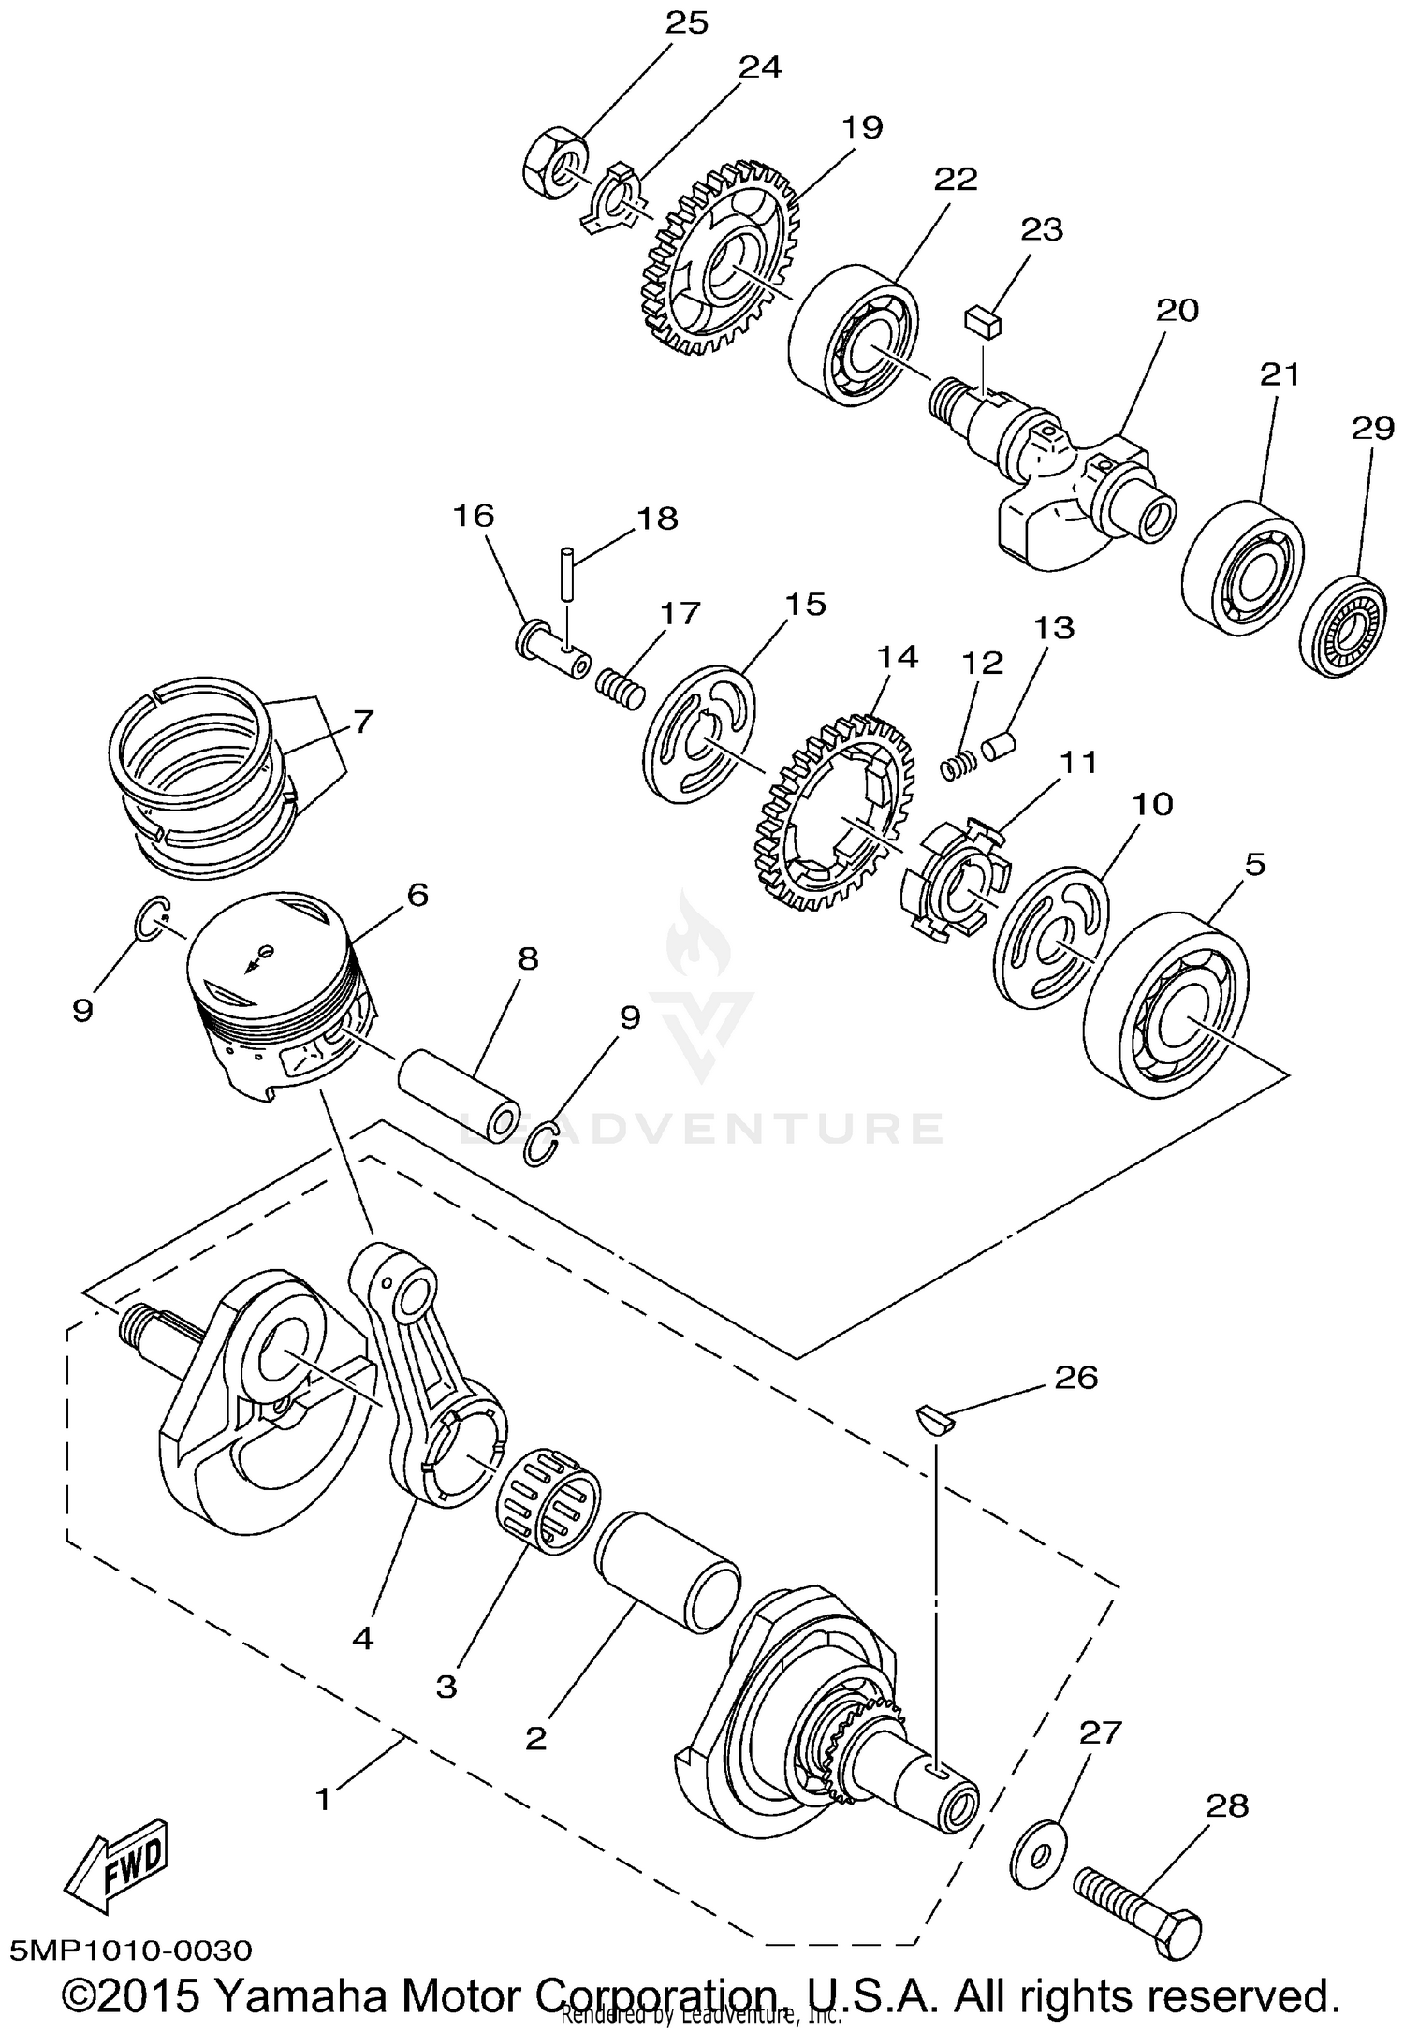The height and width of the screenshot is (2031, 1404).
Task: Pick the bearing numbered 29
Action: [x=1342, y=628]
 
